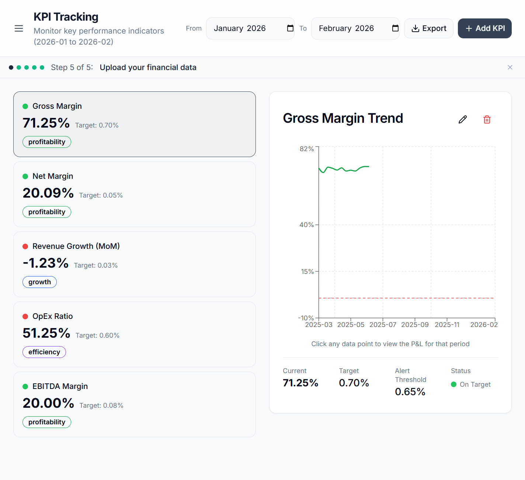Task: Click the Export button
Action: pos(429,28)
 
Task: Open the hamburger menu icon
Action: pos(19,28)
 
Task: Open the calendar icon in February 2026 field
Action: pos(395,28)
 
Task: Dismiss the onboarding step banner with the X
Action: pos(510,67)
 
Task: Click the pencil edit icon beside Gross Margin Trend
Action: pos(463,119)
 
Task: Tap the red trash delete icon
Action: pos(487,119)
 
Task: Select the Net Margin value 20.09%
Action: pos(48,193)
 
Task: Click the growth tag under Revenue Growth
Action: pos(39,282)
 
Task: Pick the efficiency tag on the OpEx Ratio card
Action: pos(44,352)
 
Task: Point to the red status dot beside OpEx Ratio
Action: pos(25,316)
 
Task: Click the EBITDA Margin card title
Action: pos(60,386)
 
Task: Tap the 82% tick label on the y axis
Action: pos(307,149)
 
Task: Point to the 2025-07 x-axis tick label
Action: pos(383,325)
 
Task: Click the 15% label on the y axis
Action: pos(307,272)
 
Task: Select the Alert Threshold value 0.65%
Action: pos(410,392)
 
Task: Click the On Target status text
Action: pos(475,385)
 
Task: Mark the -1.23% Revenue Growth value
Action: pos(46,263)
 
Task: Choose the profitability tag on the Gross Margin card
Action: pos(47,142)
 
